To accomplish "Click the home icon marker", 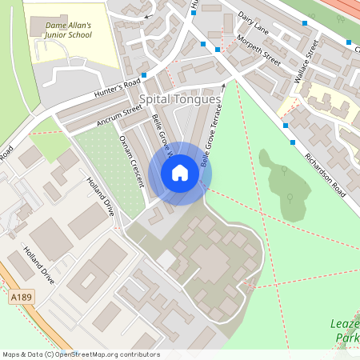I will click(180, 173).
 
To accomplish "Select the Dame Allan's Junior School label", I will click(63, 30).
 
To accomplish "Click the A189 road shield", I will click(22, 298).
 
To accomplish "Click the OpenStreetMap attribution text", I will click(81, 354).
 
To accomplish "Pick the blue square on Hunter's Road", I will click(144, 75).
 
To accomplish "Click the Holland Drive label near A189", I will click(38, 266).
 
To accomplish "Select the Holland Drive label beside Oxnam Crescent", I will click(100, 197).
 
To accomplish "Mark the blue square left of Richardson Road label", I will click(294, 142).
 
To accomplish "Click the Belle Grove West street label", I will click(162, 136).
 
